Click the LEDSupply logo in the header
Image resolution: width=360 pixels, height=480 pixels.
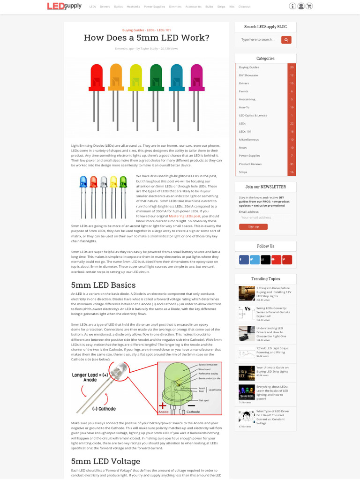click(64, 6)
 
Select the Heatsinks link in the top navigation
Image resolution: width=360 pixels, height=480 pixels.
click(133, 7)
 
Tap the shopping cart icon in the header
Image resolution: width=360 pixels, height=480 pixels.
click(309, 7)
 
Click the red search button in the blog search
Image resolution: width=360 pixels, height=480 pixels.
click(286, 40)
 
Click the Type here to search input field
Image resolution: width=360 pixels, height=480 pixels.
click(258, 40)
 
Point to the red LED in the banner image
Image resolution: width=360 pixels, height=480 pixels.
click(96, 77)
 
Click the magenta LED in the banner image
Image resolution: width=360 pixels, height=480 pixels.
click(196, 77)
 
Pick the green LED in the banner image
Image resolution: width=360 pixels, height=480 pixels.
click(156, 77)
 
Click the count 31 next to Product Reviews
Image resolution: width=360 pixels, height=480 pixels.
click(292, 164)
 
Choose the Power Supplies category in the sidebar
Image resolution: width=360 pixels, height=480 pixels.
click(249, 156)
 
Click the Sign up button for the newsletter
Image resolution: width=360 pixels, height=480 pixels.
click(253, 227)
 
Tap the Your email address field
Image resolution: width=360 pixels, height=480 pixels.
click(265, 217)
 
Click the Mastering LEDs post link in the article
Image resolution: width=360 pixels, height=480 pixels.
click(185, 216)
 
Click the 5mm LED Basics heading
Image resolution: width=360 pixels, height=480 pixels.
click(103, 285)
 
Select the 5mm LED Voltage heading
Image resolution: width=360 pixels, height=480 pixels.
click(105, 461)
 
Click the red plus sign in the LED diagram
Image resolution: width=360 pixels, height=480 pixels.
click(162, 406)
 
